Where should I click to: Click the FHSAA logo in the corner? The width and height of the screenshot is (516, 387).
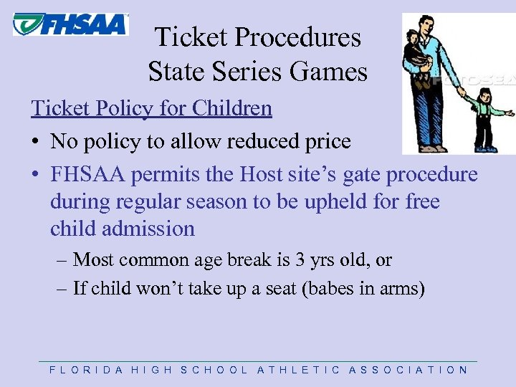pyautogui.click(x=70, y=24)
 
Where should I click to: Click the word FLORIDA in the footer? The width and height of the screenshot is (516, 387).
pyautogui.click(x=82, y=370)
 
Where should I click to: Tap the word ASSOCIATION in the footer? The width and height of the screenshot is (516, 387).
pyautogui.click(x=408, y=370)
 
